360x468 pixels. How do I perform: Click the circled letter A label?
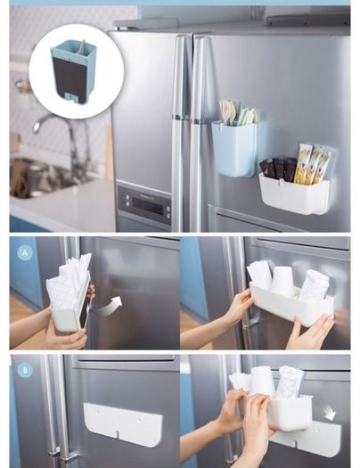(x=25, y=253)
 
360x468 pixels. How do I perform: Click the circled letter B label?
(x=25, y=371)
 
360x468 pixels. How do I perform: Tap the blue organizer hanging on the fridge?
(x=234, y=148)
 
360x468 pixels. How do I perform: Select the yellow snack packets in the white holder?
(x=311, y=163)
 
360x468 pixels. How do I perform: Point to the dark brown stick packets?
(x=278, y=169)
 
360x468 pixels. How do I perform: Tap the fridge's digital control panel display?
(x=148, y=205)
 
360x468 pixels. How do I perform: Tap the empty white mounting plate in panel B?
(x=123, y=424)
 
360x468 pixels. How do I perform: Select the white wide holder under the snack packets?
(x=294, y=193)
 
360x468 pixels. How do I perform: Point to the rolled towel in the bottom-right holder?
(x=290, y=382)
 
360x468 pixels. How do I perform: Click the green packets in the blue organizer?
(x=247, y=116)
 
